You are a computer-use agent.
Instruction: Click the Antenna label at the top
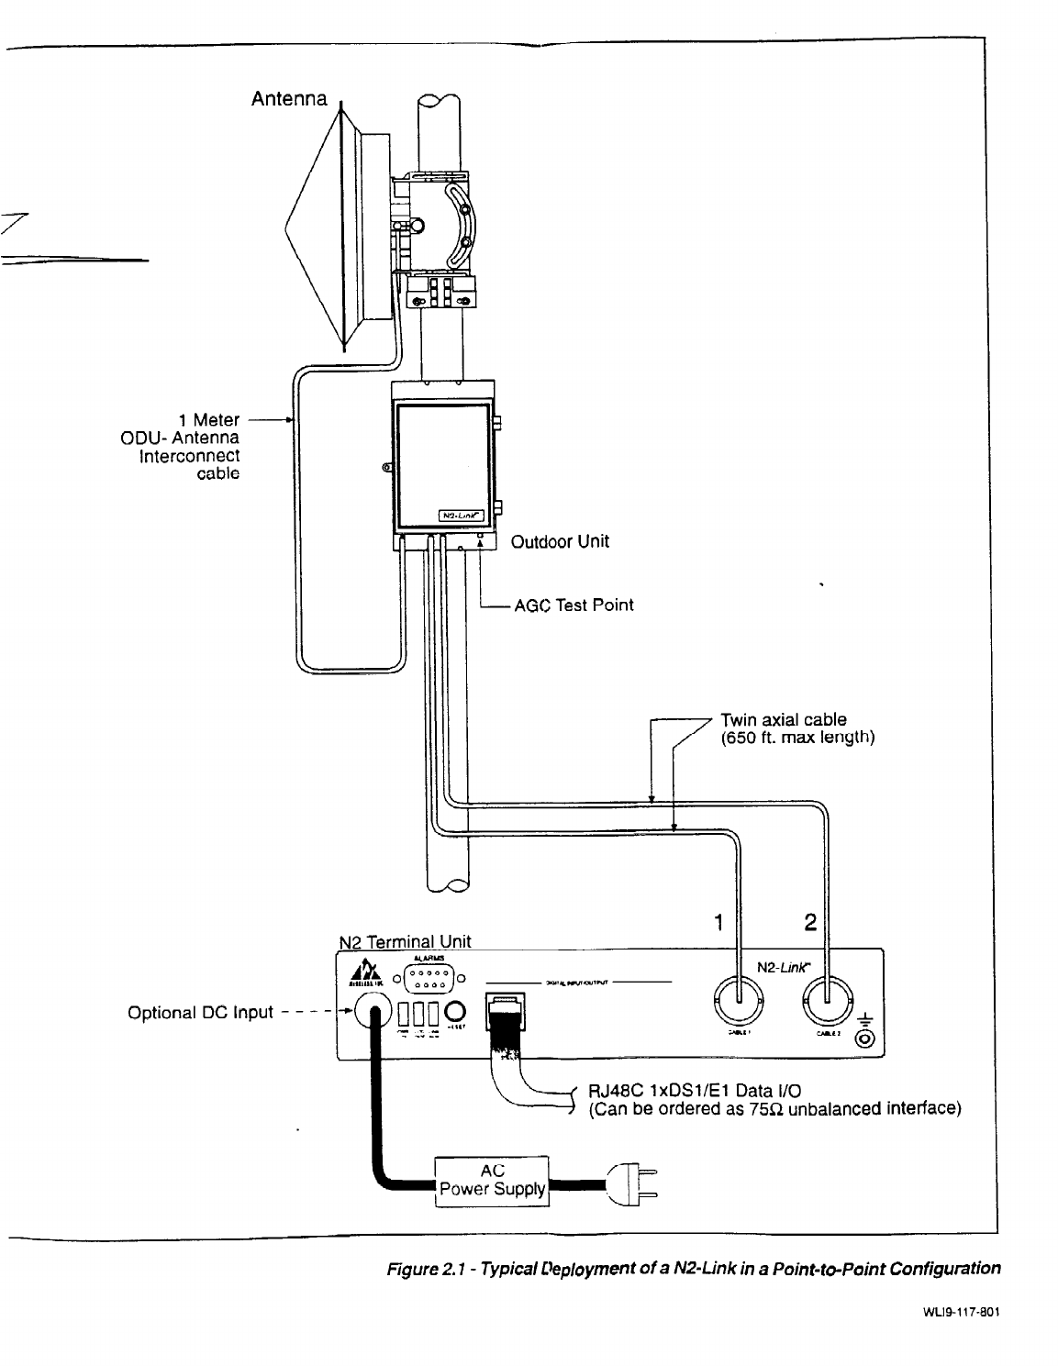(289, 98)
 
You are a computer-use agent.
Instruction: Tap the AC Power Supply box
(491, 1182)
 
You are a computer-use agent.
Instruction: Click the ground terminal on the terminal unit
(863, 1038)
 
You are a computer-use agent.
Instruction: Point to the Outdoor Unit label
(560, 542)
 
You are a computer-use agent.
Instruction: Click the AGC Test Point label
(574, 605)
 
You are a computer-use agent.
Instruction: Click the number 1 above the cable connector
(719, 923)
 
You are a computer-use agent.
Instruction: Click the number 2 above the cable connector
(809, 923)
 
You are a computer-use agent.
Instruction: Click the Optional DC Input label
(201, 1013)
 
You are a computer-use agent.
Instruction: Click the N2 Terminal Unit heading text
(405, 941)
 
